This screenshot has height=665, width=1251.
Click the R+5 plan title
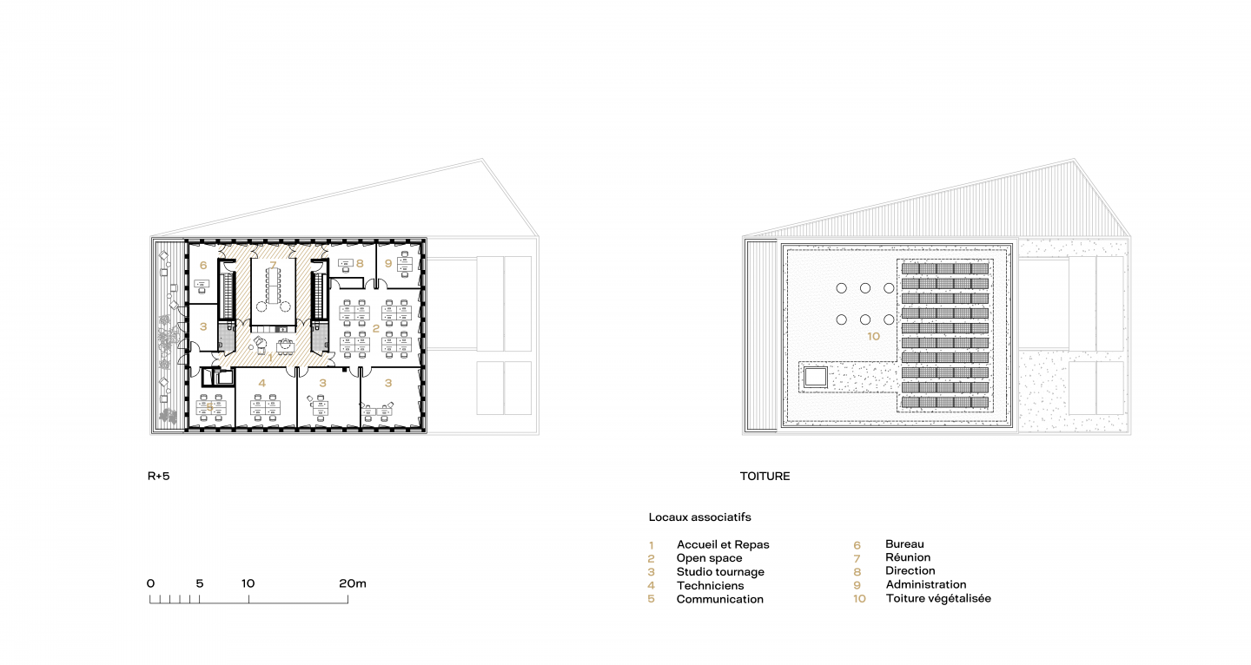(x=159, y=476)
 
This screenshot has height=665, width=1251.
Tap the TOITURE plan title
(x=764, y=476)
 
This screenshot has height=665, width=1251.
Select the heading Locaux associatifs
(x=700, y=517)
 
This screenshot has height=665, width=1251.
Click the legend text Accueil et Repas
(x=723, y=544)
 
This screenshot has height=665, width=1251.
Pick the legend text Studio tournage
(x=720, y=572)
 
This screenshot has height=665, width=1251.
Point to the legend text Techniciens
(x=711, y=585)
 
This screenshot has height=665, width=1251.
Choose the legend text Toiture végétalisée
(x=938, y=599)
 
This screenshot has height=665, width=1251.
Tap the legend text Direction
(x=910, y=570)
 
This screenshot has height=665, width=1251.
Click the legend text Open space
(x=709, y=558)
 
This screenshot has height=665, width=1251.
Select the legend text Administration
(x=926, y=584)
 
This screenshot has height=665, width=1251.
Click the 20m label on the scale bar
(x=353, y=583)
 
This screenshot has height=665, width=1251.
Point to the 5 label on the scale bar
(x=200, y=583)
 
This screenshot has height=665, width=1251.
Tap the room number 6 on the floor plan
(x=203, y=266)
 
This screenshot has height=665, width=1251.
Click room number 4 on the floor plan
(x=262, y=383)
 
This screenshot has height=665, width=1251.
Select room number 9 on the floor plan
(x=388, y=263)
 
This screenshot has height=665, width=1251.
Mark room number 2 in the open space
(x=376, y=329)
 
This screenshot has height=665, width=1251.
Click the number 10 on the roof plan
(x=873, y=336)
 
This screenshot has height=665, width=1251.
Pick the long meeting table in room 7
(x=273, y=286)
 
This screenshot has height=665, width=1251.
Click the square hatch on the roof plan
(x=816, y=377)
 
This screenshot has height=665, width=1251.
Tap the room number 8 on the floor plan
(x=361, y=263)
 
